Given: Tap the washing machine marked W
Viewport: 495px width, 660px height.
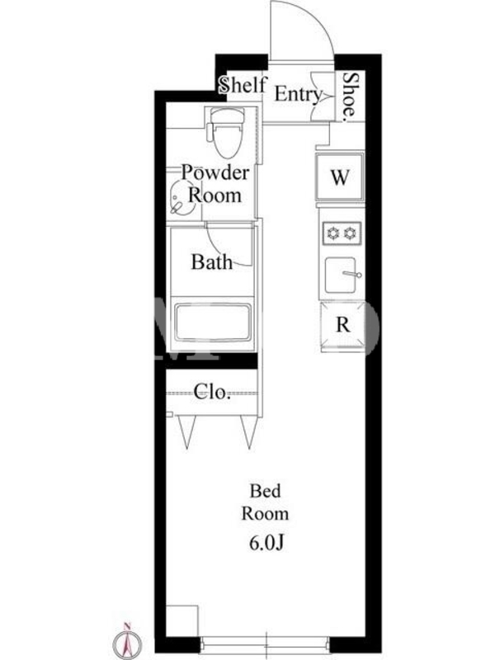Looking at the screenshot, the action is coord(340,177).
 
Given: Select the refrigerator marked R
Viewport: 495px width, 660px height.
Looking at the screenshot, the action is coord(342,325).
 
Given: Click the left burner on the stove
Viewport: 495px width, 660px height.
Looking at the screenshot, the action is coord(333,233).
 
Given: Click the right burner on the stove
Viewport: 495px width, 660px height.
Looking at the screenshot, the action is coord(350,233).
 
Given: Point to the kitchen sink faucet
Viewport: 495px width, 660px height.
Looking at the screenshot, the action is coord(353,275).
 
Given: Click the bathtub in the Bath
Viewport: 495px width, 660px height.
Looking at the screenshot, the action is coord(213,323).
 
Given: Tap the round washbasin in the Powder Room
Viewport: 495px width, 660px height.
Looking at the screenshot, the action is coord(181,198).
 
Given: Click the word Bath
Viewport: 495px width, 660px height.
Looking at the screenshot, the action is coord(212,262).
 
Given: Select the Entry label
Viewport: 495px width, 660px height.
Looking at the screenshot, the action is coord(299,94).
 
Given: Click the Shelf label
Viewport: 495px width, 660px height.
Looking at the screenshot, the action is coord(243,85).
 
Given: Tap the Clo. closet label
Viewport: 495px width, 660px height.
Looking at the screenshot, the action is coord(212,392).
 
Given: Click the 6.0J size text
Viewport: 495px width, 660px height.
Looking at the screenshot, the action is coord(266,543).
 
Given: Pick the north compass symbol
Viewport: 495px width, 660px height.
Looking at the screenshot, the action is coord(127,641).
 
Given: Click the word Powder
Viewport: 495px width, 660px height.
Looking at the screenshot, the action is coord(215,172).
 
